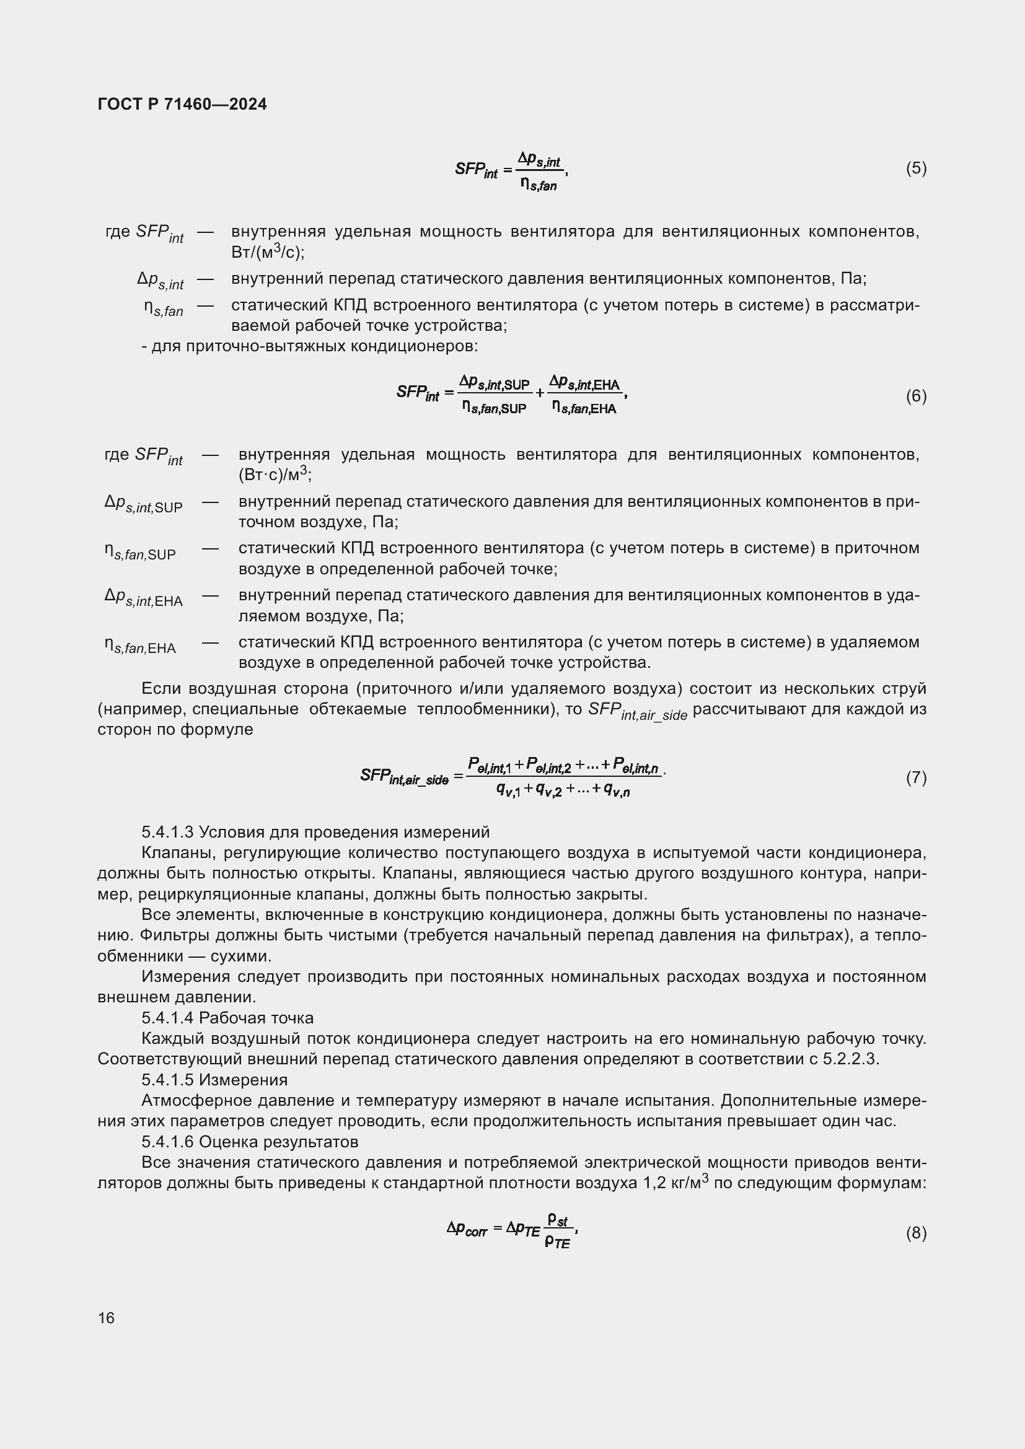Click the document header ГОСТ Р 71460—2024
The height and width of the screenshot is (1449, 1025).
pos(182,104)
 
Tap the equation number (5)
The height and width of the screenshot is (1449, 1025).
pos(916,168)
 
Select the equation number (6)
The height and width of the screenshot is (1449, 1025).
pos(916,396)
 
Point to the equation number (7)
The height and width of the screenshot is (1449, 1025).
pos(916,777)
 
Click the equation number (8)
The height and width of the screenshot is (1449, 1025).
pos(916,1233)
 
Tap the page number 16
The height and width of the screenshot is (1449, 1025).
pos(106,1318)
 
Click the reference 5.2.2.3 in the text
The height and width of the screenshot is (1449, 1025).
pos(850,1059)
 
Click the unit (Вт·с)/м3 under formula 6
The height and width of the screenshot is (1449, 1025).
pos(275,475)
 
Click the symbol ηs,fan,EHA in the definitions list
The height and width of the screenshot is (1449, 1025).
pos(140,646)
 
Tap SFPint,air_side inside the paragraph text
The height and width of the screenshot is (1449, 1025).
pos(637,711)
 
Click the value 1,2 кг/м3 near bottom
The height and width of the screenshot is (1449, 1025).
pos(675,1182)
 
